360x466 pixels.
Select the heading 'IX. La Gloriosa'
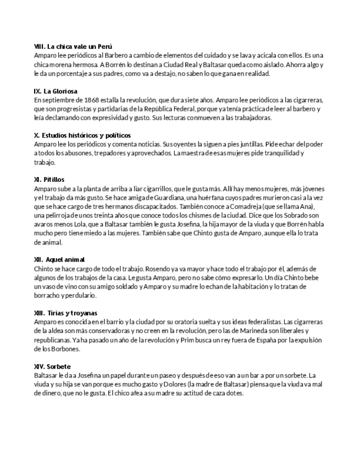pos(56,91)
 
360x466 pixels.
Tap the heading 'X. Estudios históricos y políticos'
pos(82,135)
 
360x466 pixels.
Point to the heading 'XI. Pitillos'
pos(49,180)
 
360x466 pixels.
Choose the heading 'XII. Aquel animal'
pos(59,259)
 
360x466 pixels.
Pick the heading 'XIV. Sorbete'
pos(52,366)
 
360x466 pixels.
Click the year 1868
pos(88,100)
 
